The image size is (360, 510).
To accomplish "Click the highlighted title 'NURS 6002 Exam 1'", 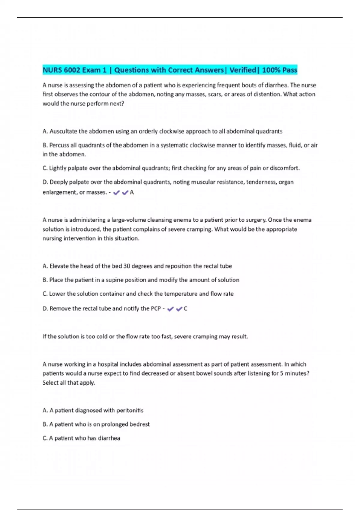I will (74, 70).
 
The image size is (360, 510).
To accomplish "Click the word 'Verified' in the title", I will (242, 70).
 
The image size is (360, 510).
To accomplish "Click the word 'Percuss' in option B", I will (59, 145).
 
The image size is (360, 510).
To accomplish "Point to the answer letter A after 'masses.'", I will (132, 193).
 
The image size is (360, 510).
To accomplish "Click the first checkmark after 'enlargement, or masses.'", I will (116, 193).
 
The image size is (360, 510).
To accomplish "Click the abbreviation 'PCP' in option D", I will (156, 309).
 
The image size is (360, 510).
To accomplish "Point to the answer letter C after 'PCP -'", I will (185, 309).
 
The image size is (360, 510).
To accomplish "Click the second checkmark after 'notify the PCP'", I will (179, 309).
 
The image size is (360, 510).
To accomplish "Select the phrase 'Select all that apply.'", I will (69, 383).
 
